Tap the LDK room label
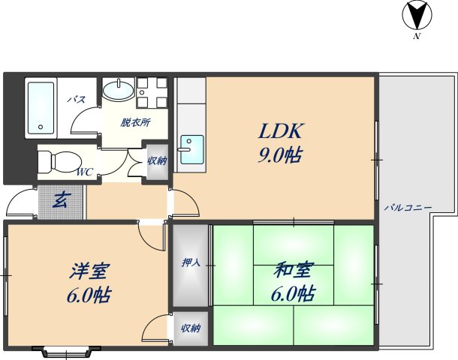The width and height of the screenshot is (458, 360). pyautogui.click(x=280, y=133)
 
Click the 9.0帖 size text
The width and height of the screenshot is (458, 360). pyautogui.click(x=280, y=157)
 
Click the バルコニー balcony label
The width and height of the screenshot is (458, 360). pyautogui.click(x=407, y=207)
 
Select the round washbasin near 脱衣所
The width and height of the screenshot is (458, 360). pyautogui.click(x=118, y=91)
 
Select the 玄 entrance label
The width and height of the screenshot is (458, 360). pyautogui.click(x=61, y=200)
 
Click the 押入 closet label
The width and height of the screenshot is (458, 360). pyautogui.click(x=191, y=263)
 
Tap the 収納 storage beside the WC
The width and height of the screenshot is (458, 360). pyautogui.click(x=157, y=160)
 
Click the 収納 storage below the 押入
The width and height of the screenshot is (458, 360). pyautogui.click(x=191, y=328)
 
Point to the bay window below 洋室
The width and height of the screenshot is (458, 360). pyautogui.click(x=67, y=351)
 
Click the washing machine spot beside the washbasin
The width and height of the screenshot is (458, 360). pyautogui.click(x=154, y=94)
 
